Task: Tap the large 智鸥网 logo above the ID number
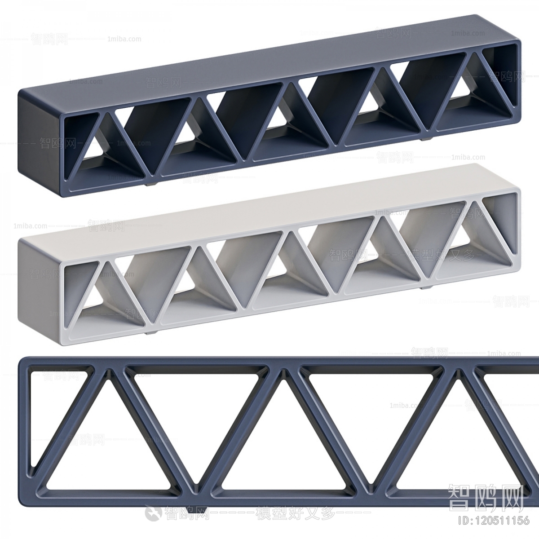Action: [x=486, y=498]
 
